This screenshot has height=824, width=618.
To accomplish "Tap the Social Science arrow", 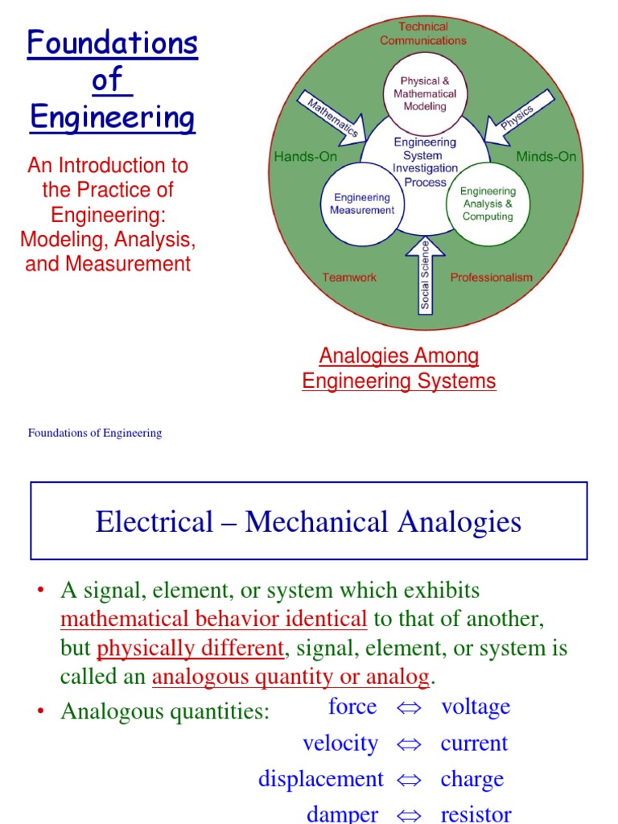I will (425, 274).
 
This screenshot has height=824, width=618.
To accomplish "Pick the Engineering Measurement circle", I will (362, 204).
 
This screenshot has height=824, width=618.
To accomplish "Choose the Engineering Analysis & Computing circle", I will (488, 204).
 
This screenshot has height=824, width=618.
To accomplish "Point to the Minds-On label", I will (546, 157).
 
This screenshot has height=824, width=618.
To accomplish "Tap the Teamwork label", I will (349, 278).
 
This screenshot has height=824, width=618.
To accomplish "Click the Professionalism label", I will (491, 278).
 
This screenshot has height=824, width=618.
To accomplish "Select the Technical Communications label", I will (423, 34).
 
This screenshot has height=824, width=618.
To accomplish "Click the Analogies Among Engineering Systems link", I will (399, 369).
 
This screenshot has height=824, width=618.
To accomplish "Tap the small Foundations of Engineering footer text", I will (95, 433).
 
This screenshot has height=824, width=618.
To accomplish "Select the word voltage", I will (476, 707).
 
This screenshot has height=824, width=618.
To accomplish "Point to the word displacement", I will (321, 779).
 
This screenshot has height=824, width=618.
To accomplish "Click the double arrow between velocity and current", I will (409, 744).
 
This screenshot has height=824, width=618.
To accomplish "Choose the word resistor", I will (476, 814).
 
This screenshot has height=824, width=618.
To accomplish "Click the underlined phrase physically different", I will (190, 648).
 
